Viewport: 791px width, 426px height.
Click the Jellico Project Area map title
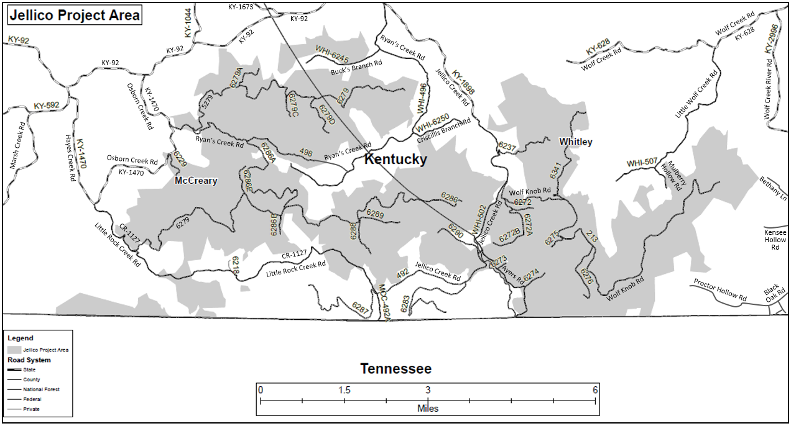[75, 15]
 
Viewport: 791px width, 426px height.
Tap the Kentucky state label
[395, 160]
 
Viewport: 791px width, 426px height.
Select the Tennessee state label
[395, 369]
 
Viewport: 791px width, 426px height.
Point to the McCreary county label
[196, 181]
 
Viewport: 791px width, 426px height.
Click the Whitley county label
[575, 142]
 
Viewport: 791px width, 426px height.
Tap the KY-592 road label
[47, 106]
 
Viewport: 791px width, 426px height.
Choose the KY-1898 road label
[463, 83]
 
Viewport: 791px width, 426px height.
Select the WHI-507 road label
[641, 163]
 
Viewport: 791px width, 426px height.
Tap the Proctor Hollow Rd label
[721, 289]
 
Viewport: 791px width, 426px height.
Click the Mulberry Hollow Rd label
[672, 176]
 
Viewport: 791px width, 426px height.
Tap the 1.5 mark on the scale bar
[344, 390]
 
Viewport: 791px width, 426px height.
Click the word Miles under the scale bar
[427, 409]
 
